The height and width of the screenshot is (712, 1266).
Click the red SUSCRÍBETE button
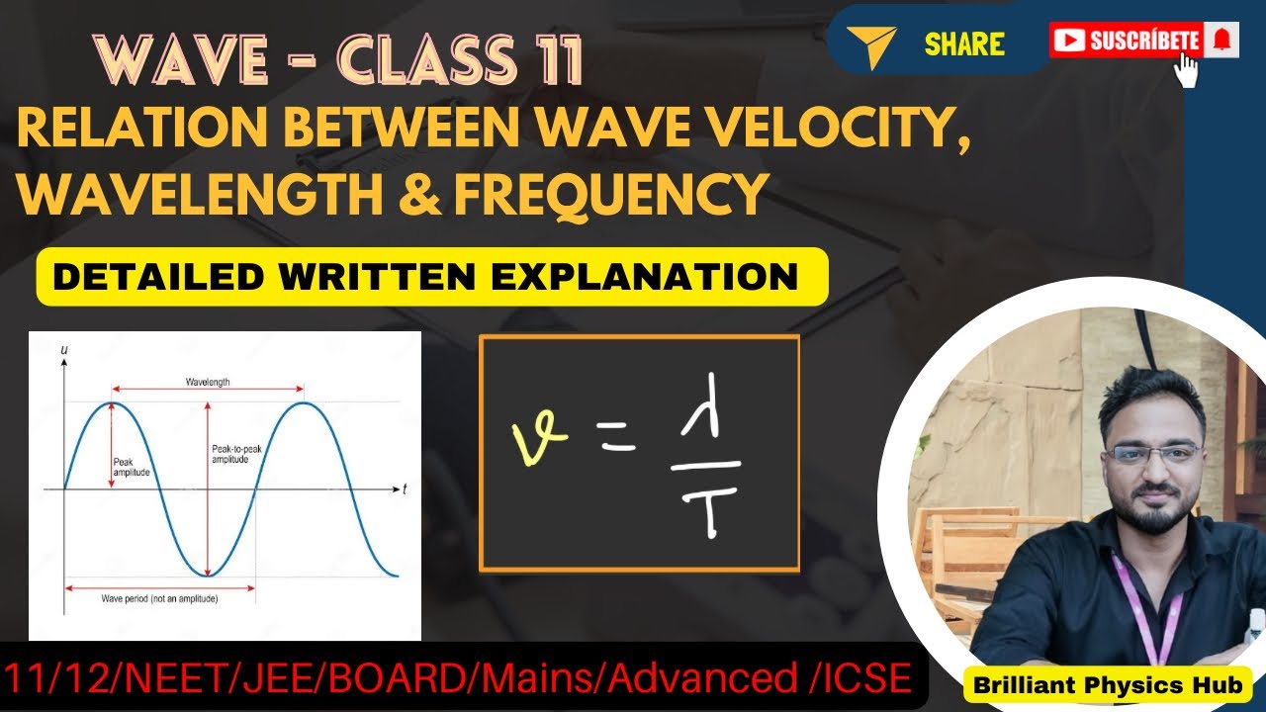pos(1127,41)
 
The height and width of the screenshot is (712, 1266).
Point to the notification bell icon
pos(1221,40)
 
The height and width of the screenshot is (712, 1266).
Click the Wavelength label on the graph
pos(208,382)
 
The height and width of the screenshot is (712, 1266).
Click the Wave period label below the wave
pos(159,599)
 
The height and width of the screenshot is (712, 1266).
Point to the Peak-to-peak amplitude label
pos(235,454)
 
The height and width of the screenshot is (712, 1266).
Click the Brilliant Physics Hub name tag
pos(1107,684)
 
